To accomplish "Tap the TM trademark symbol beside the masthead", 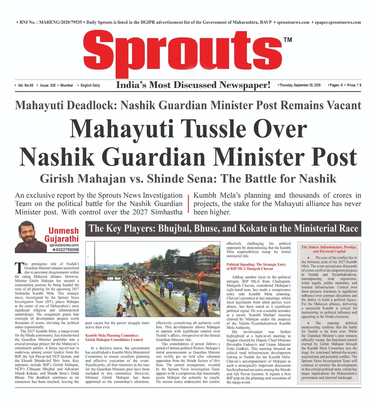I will (287, 40).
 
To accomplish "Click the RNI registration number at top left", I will (51, 22).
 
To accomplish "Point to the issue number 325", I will (48, 85).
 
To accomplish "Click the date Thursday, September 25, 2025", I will (300, 85).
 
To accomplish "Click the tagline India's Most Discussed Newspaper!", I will (193, 85).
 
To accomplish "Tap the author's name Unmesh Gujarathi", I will (63, 235).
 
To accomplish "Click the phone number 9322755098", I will (67, 250).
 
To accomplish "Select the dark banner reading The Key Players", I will (223, 228).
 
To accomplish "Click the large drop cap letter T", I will (19, 268).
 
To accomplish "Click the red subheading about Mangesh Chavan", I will (256, 267).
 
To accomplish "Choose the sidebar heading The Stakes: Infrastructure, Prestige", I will (329, 249).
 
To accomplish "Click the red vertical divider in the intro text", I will (188, 204).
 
